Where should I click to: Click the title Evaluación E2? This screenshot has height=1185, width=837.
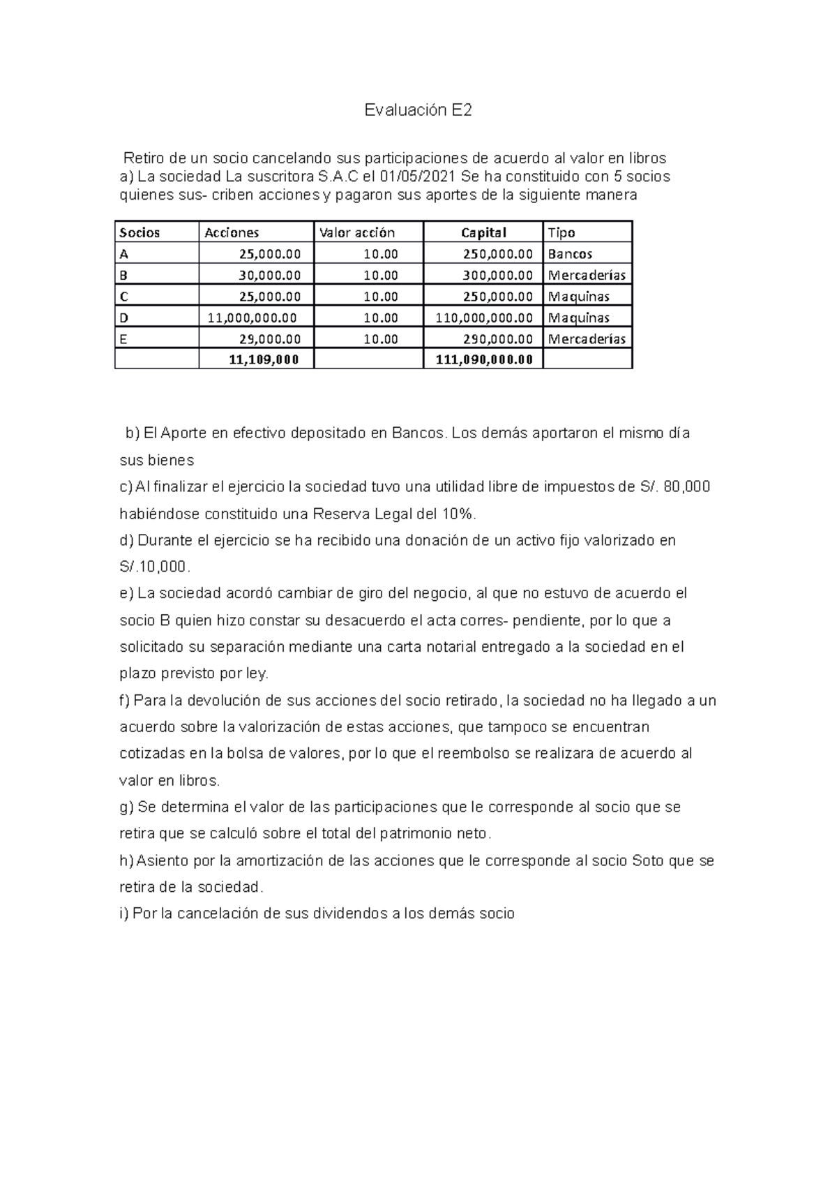(x=418, y=110)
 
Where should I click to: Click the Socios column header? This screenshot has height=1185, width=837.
(x=140, y=232)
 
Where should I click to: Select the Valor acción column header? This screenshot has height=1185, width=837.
(x=356, y=232)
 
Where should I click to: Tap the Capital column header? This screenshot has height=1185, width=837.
(x=483, y=232)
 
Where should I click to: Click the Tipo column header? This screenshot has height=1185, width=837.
(x=561, y=232)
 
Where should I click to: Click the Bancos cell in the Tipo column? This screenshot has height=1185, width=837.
(x=570, y=254)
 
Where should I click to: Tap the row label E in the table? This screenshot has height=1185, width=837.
(x=124, y=339)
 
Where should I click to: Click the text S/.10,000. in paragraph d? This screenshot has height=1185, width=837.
(x=155, y=567)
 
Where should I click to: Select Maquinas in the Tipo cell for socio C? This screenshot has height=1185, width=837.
(x=579, y=297)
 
